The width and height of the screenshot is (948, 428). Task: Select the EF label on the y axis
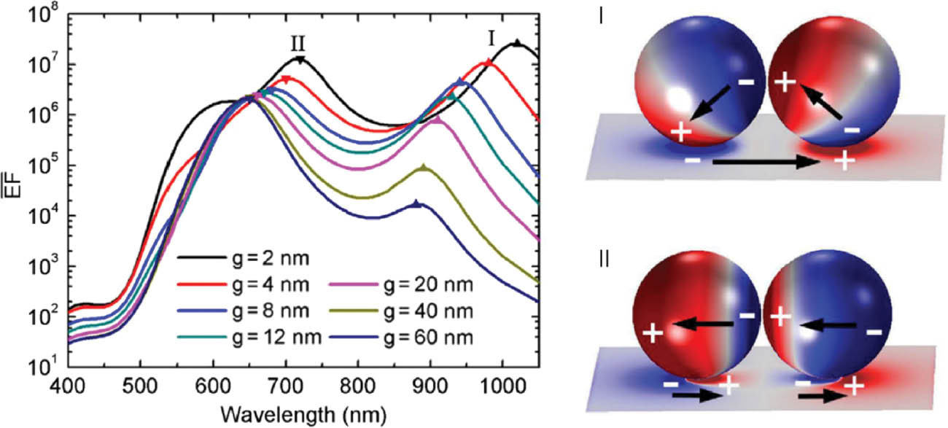tap(12, 190)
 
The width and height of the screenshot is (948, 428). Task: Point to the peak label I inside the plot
tap(492, 38)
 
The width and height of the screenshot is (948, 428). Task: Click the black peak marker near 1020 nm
tap(516, 44)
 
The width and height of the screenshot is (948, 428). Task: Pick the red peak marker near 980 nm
tap(489, 63)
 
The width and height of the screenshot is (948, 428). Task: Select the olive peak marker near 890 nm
tap(424, 168)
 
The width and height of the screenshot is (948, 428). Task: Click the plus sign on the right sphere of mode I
tap(785, 82)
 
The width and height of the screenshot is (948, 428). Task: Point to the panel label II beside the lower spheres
tap(602, 258)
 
